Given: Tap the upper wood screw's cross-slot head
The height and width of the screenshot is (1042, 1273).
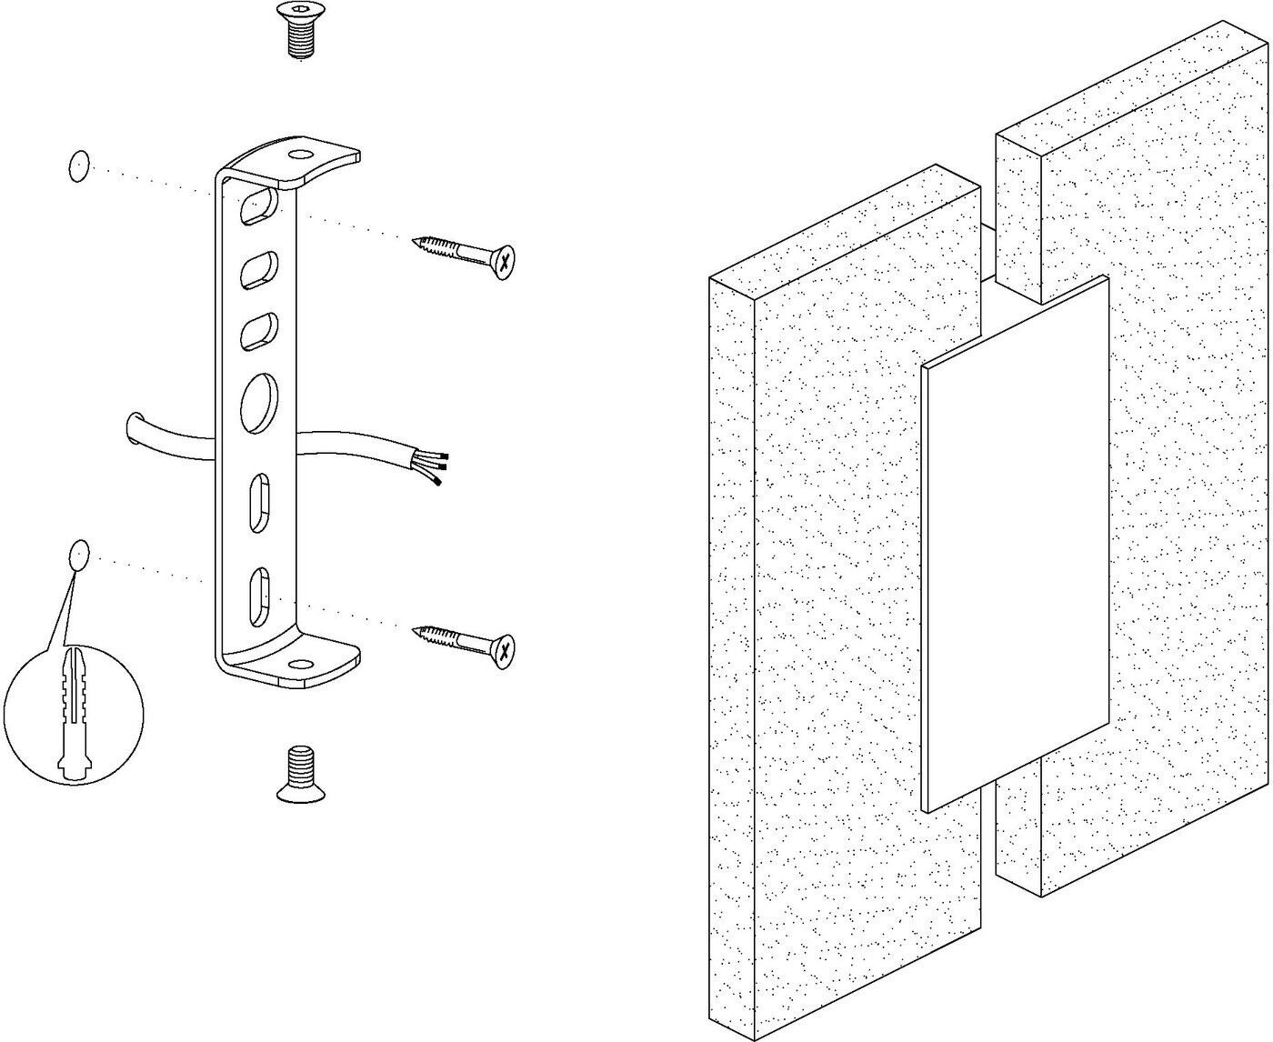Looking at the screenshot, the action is (503, 261).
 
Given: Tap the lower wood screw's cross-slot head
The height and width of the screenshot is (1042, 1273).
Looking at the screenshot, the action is (503, 648).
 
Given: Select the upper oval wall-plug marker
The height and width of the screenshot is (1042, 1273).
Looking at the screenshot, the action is (79, 166).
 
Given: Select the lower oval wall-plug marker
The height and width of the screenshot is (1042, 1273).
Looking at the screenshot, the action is (80, 555).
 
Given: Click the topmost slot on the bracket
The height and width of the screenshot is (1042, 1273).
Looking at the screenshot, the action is (258, 205).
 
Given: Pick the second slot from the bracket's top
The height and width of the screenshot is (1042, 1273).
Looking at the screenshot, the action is (258, 271).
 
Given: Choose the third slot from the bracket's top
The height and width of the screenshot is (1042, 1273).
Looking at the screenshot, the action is (258, 332).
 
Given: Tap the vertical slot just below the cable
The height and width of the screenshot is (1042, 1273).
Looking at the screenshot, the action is (259, 500).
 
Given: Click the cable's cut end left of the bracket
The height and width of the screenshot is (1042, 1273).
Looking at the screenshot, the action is (134, 429).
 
